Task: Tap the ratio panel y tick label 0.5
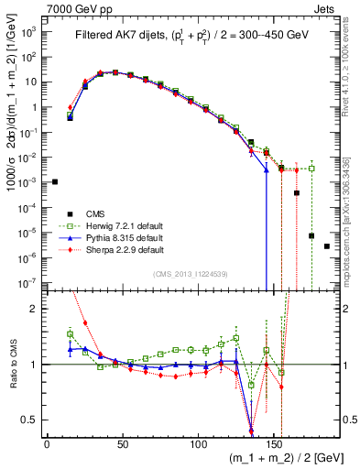point(29,420)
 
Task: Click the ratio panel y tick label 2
point(35,309)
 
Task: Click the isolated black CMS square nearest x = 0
point(55,181)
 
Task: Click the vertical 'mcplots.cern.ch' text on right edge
point(353,211)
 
